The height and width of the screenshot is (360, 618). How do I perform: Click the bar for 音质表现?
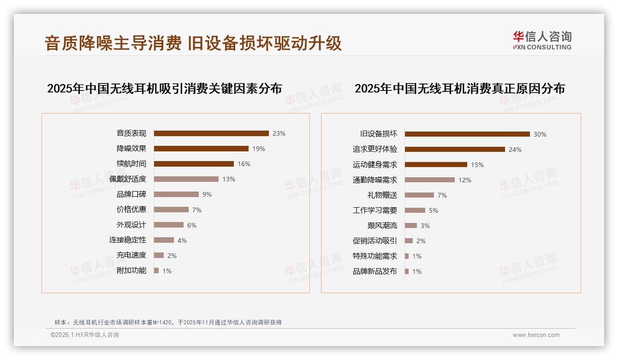coord(211,133)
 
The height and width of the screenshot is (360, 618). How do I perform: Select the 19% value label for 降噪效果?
coord(259,149)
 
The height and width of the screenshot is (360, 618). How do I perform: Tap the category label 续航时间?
coord(131,164)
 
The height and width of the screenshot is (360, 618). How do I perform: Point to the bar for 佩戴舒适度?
coord(186,179)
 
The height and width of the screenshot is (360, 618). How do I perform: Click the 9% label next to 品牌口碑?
coord(207,194)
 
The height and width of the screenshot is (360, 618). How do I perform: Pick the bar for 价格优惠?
coord(171,210)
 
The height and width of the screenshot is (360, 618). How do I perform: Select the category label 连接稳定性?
coord(128,240)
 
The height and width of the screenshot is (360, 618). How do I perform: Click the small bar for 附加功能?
coord(156,270)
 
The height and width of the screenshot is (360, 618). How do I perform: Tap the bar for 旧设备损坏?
coord(467,134)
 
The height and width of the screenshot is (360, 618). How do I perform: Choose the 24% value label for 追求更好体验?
coord(515,150)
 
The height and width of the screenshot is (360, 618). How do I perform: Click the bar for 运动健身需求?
coord(436,165)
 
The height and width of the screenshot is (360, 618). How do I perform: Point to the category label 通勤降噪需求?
coord(375,180)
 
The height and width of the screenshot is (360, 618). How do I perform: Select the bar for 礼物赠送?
coord(419,195)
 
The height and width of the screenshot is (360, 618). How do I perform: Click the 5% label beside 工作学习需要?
coord(434,210)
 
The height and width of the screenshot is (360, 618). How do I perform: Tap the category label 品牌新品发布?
coord(375,271)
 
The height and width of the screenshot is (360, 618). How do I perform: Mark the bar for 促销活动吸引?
coord(409,241)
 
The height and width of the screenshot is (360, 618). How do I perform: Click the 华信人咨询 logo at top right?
coord(542,40)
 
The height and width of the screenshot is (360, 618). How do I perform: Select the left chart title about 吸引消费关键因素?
coord(164,89)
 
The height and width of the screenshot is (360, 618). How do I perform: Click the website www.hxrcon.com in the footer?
coord(536,335)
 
